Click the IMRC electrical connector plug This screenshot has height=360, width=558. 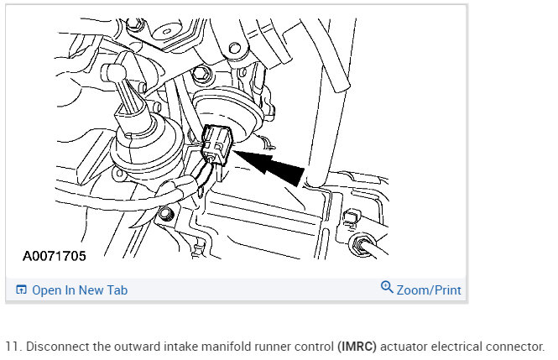pos(218,144)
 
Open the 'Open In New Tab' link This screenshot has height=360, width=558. pos(80,290)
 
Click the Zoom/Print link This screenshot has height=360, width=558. pos(429,290)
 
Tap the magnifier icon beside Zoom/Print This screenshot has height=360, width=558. pos(387,287)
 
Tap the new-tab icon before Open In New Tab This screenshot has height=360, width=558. pos(21,290)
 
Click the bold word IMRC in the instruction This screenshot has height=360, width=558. pos(356,346)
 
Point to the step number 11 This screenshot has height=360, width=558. pos(11,346)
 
